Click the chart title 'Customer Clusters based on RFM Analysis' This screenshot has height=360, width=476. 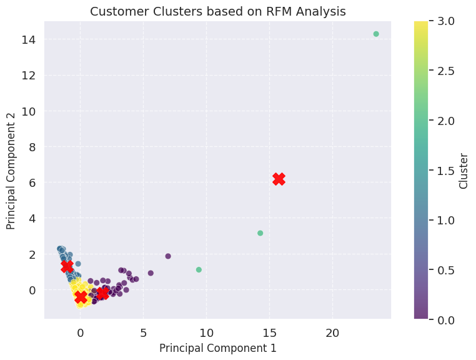pos(217,11)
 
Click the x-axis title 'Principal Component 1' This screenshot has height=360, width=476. pos(217,347)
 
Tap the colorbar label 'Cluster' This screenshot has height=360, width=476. pos(464,171)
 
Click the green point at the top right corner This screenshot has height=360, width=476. pos(376,34)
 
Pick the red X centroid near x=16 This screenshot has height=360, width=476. pos(279,179)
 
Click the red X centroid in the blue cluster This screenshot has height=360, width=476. pos(67,266)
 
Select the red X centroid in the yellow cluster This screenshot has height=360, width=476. pos(81,297)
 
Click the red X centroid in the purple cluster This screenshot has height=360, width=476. pos(102,293)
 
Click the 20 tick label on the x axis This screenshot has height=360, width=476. pos(332,331)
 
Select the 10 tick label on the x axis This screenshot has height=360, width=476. pos(206,331)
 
